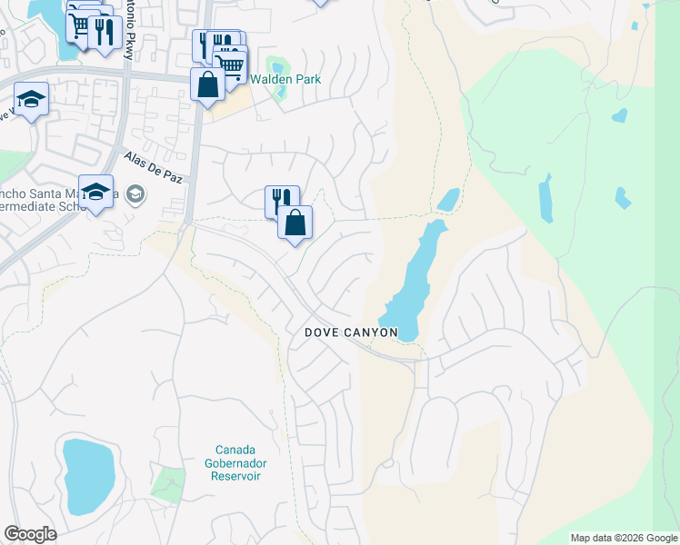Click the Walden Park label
point(287,79)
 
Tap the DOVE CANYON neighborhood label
point(351,332)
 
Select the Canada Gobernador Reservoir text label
point(237,462)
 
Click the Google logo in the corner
point(30,533)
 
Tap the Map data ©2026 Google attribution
point(623,538)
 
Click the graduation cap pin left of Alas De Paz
point(31,99)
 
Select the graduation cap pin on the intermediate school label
point(95,192)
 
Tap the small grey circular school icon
point(135,193)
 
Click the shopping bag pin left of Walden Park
point(207,84)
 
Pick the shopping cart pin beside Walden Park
point(231,64)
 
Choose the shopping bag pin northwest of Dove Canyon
point(295,223)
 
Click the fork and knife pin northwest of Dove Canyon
point(282,202)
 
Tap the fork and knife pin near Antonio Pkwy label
point(105,32)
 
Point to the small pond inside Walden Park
point(276,67)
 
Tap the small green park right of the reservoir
point(167,483)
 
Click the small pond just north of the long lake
point(448,199)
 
